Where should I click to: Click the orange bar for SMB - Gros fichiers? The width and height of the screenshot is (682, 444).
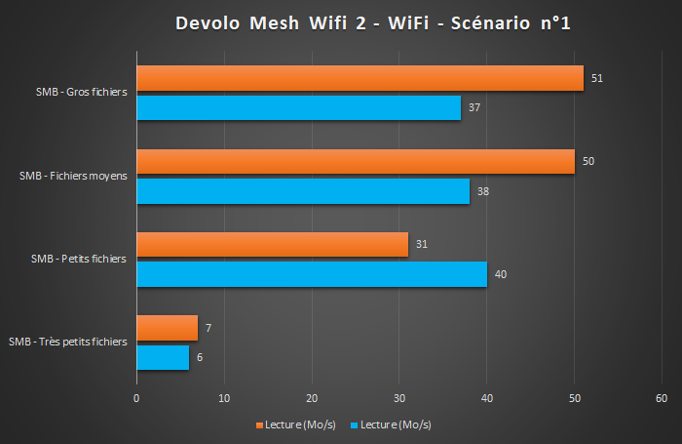(360, 78)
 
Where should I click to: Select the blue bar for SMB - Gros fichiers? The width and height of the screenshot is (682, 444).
(298, 107)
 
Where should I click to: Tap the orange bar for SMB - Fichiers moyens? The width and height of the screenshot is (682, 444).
(356, 161)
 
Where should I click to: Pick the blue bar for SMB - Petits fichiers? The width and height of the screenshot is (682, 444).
(312, 274)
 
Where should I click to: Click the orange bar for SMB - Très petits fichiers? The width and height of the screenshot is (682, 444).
(167, 328)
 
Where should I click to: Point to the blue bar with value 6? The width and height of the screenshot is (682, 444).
(163, 357)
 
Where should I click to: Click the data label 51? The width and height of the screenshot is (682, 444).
(597, 77)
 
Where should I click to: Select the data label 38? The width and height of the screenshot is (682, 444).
(483, 191)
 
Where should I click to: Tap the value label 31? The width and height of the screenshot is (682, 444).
(422, 244)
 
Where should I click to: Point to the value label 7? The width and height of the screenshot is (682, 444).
(208, 328)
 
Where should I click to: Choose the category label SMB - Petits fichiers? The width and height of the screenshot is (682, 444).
(78, 259)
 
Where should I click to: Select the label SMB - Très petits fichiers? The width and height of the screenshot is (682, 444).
(68, 343)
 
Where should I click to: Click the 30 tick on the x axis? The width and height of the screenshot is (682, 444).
(399, 398)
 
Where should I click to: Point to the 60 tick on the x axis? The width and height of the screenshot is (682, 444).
(662, 398)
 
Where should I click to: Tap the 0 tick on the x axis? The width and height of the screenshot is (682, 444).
(136, 398)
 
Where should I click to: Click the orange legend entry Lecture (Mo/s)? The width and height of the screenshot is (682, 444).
(298, 424)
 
